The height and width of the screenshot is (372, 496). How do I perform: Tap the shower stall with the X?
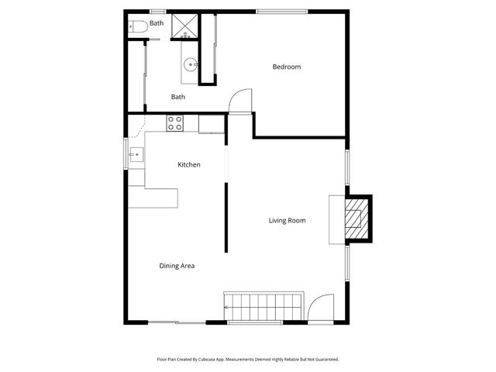(184, 26)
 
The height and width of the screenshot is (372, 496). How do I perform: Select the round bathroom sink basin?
(191, 65)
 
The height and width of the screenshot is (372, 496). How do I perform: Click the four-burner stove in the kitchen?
(176, 122)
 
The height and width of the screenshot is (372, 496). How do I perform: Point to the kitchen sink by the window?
(136, 154)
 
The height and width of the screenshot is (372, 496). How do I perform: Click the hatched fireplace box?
(357, 220)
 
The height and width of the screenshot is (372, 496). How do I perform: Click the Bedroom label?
(286, 67)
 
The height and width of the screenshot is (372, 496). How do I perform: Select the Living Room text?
(287, 221)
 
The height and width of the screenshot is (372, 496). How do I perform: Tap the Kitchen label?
(189, 164)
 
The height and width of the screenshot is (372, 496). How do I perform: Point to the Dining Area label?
(177, 266)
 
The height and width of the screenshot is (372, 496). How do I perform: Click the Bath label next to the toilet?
(157, 23)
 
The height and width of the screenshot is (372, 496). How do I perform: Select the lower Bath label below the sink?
(178, 97)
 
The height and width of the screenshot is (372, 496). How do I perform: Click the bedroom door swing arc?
(242, 98)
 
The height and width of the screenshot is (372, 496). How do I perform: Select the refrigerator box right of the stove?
(210, 123)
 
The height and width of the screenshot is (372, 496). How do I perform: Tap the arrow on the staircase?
(227, 308)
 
